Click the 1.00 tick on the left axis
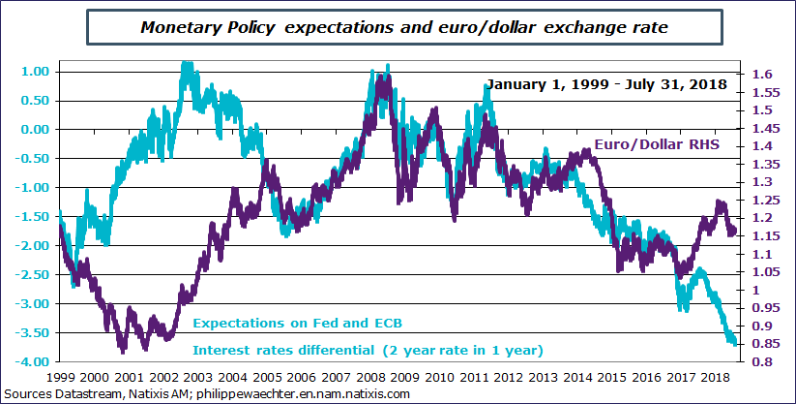coord(34,71)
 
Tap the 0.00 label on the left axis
coord(34,129)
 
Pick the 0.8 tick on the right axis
coord(759,361)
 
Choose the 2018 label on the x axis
coord(717,378)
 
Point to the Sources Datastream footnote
coord(208,394)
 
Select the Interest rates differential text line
coord(368,349)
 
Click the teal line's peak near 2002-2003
coord(187,66)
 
